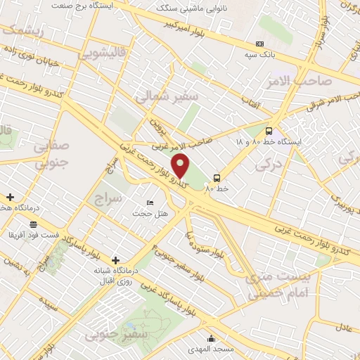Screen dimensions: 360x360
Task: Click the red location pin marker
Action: click(x=181, y=166)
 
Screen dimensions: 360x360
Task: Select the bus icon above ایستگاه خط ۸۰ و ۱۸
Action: click(x=269, y=131)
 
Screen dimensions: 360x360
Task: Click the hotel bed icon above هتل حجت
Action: click(x=149, y=202)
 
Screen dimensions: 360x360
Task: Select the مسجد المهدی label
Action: click(x=210, y=348)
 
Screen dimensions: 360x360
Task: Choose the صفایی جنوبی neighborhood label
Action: click(x=51, y=138)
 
